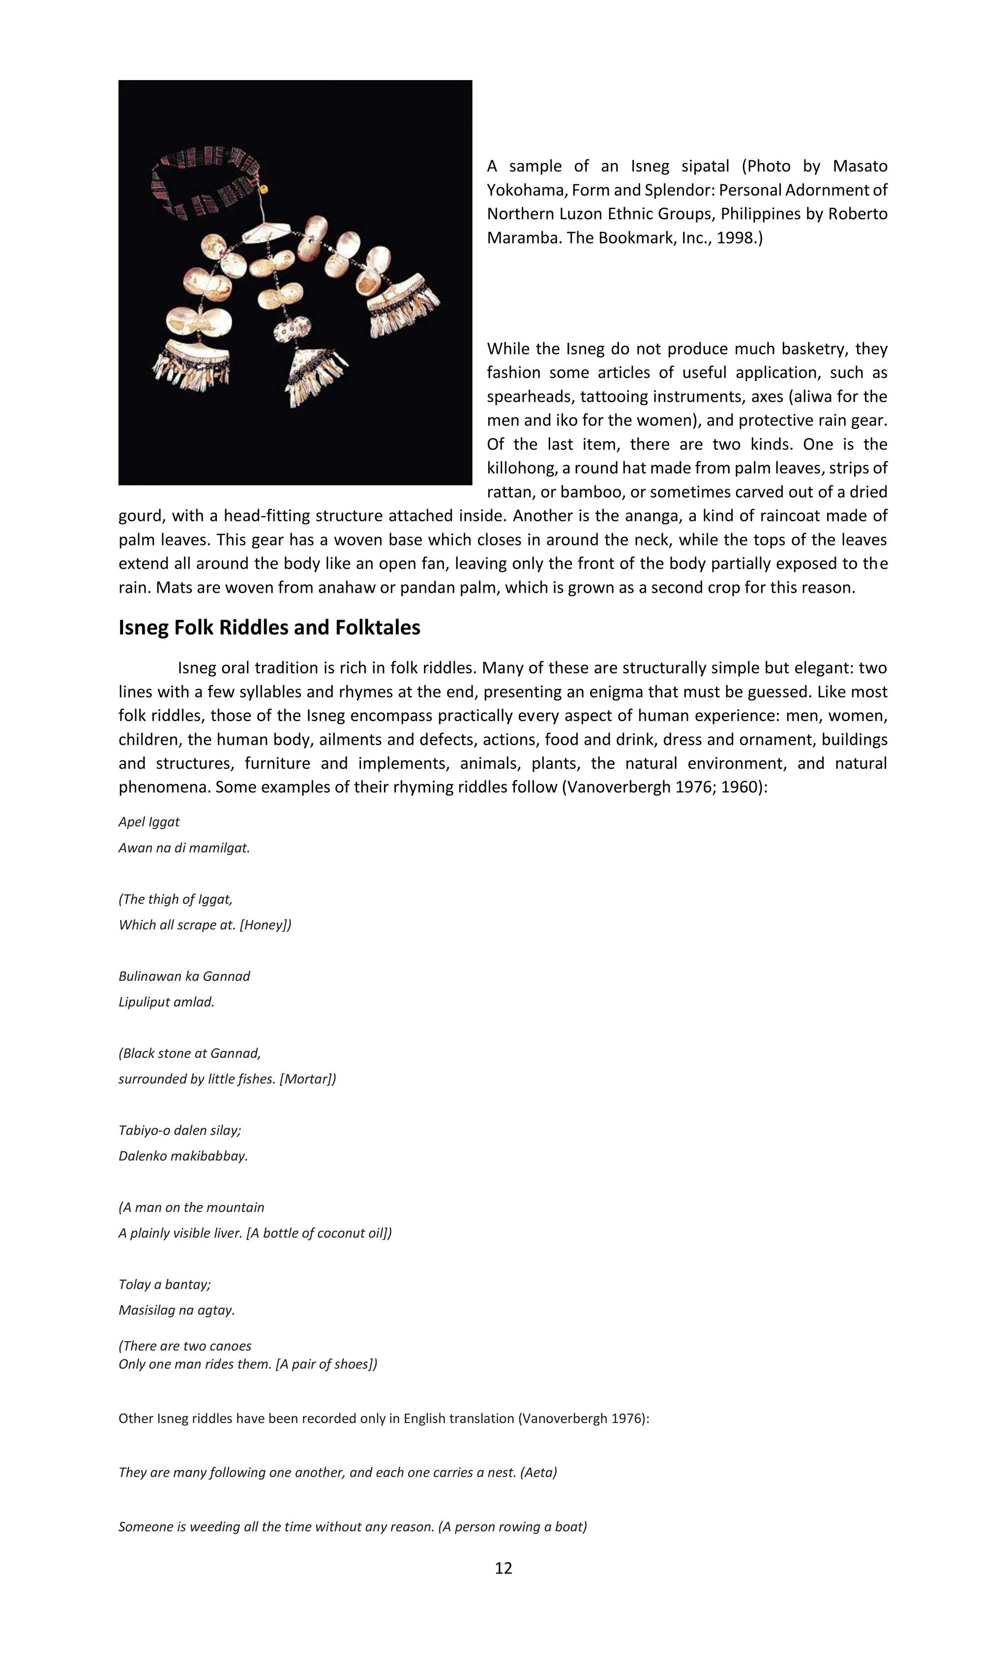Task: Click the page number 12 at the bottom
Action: pos(503,1568)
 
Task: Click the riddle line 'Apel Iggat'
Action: pos(149,822)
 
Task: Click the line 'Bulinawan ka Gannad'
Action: pos(184,976)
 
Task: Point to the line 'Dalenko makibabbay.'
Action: pos(183,1156)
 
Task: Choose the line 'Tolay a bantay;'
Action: pos(164,1284)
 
